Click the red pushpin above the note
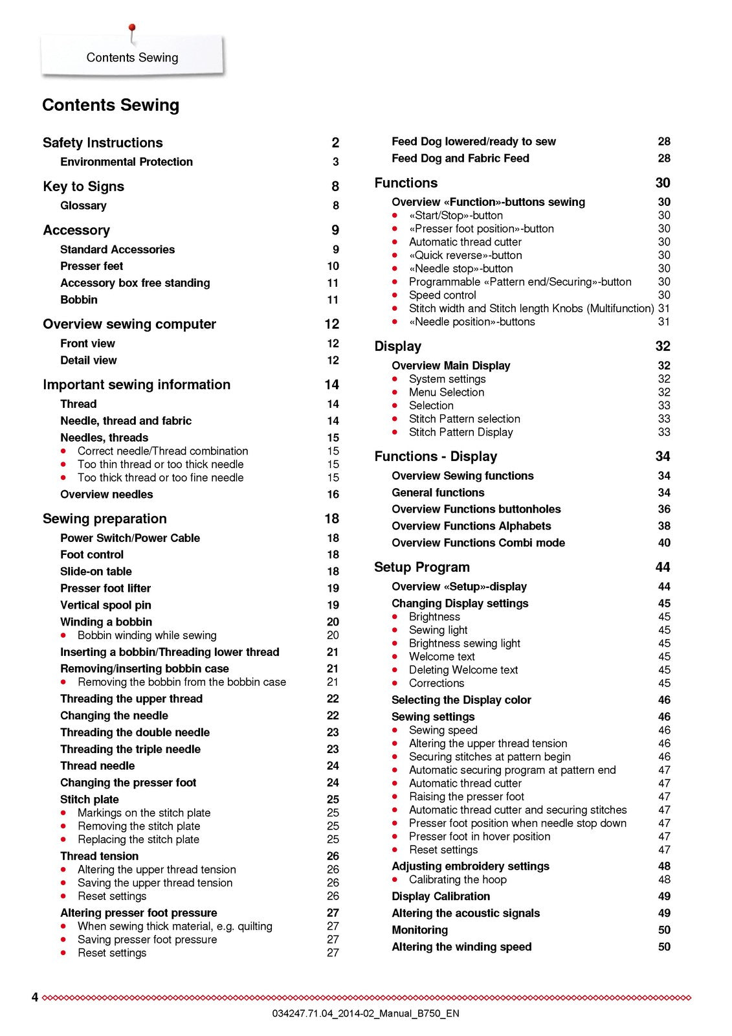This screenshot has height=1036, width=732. (132, 28)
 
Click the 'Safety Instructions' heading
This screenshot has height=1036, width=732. (102, 143)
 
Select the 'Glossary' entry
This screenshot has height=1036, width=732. (83, 206)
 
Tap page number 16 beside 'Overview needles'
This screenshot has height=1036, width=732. (333, 495)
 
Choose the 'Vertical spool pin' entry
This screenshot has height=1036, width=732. (105, 605)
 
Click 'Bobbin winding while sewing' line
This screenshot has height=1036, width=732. (147, 636)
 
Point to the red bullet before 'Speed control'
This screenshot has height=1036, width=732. (395, 295)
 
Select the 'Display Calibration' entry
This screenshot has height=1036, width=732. (440, 897)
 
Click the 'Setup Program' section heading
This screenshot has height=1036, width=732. (421, 568)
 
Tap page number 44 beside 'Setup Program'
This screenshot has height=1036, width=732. (663, 568)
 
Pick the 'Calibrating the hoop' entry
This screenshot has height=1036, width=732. (458, 880)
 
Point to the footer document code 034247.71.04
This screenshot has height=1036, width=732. (366, 1014)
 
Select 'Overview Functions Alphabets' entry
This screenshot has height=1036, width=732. (471, 526)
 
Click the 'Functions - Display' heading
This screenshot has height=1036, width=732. (436, 457)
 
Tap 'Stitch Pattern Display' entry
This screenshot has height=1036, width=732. (461, 433)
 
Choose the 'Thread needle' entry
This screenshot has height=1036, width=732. (97, 766)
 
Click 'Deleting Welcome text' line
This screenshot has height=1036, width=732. (463, 670)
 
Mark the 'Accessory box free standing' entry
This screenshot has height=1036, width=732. (135, 284)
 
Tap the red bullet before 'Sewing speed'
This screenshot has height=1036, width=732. (395, 730)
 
